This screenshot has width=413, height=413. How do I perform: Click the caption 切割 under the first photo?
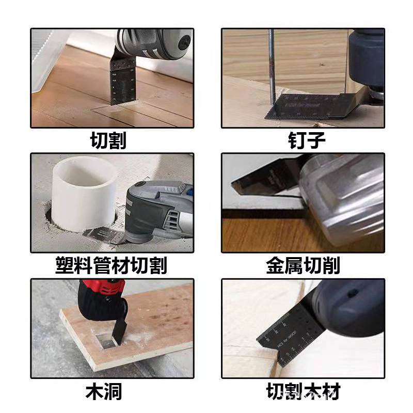click(108, 140)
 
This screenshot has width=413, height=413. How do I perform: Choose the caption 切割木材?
click(304, 391)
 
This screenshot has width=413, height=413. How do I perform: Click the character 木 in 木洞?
click(94, 391)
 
